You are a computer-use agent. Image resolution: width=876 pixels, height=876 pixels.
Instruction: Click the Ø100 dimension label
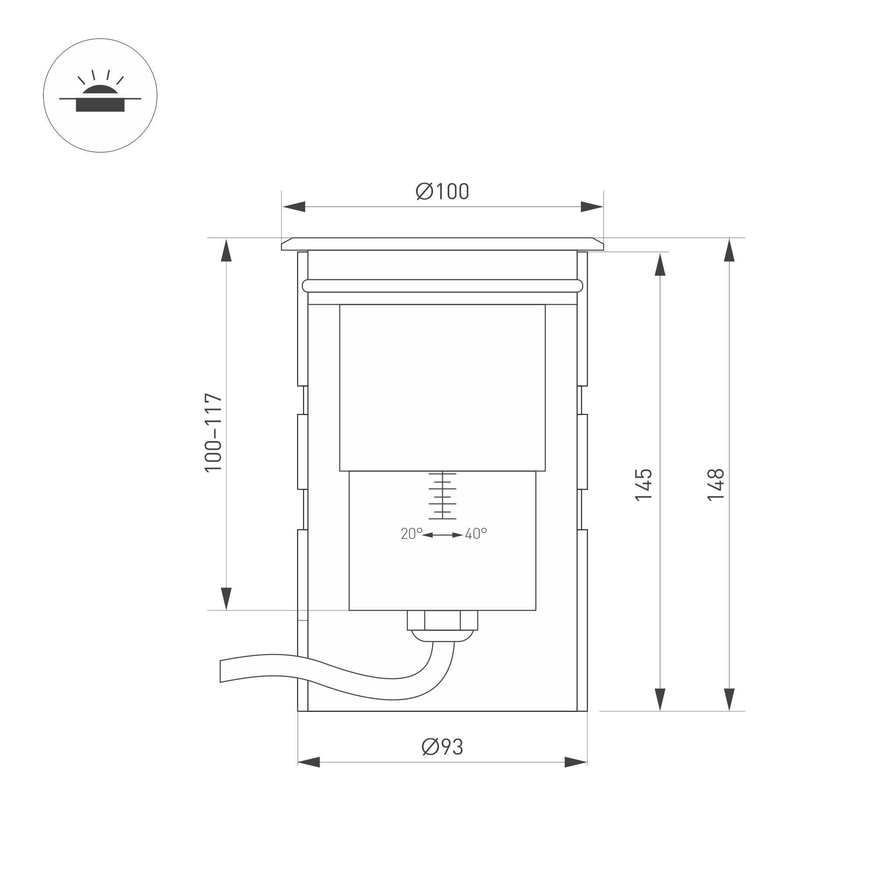[442, 191]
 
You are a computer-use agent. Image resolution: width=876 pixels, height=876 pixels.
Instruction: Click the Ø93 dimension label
[442, 747]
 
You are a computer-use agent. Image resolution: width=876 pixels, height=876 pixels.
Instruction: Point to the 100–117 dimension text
[214, 433]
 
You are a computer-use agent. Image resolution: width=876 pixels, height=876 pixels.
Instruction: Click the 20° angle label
[411, 534]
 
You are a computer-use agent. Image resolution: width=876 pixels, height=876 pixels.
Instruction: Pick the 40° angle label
[476, 534]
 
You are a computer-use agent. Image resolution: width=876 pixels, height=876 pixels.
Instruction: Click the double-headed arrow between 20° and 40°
[442, 535]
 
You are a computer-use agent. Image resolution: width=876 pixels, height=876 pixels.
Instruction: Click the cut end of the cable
[221, 672]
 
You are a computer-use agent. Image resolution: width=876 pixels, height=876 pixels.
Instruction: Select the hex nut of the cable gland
[442, 620]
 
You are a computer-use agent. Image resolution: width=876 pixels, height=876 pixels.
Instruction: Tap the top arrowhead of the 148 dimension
[729, 250]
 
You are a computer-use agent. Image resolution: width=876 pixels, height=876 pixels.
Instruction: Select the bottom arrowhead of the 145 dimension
[660, 699]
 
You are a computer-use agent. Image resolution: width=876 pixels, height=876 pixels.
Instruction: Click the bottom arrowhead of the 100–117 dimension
[226, 598]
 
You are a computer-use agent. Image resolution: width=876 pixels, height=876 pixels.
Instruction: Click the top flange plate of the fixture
[442, 244]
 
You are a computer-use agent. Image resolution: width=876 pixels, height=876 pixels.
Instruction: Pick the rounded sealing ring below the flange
[442, 286]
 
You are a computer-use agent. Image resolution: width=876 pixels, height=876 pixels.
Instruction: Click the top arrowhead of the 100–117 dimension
[226, 251]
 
